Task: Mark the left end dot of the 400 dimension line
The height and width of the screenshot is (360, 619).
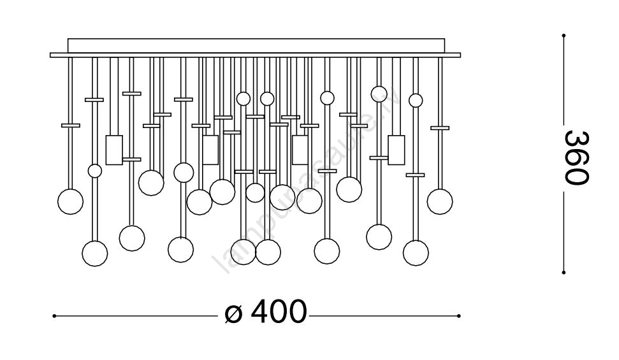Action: [x=54, y=315]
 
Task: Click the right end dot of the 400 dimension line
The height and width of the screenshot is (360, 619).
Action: [x=459, y=315]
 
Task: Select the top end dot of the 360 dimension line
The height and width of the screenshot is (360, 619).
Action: [x=564, y=35]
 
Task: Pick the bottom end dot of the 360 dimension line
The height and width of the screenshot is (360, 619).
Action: [x=564, y=273]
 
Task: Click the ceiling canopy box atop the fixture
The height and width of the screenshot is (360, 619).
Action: [x=255, y=46]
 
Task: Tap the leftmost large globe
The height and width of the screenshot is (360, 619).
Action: [x=70, y=201]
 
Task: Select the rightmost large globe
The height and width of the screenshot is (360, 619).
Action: [x=440, y=201]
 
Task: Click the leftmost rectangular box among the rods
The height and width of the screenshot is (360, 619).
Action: [x=114, y=150]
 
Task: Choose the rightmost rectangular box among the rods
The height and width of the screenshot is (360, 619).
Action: [x=397, y=150]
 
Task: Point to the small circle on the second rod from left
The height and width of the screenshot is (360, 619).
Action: [x=95, y=171]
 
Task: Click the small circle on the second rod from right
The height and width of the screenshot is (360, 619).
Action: [x=416, y=100]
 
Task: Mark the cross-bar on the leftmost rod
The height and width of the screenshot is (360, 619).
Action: [x=71, y=125]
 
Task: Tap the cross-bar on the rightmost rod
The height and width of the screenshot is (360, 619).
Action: [x=440, y=127]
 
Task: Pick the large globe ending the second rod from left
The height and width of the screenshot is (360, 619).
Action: [x=95, y=253]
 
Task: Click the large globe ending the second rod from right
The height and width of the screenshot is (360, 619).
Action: [x=416, y=252]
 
